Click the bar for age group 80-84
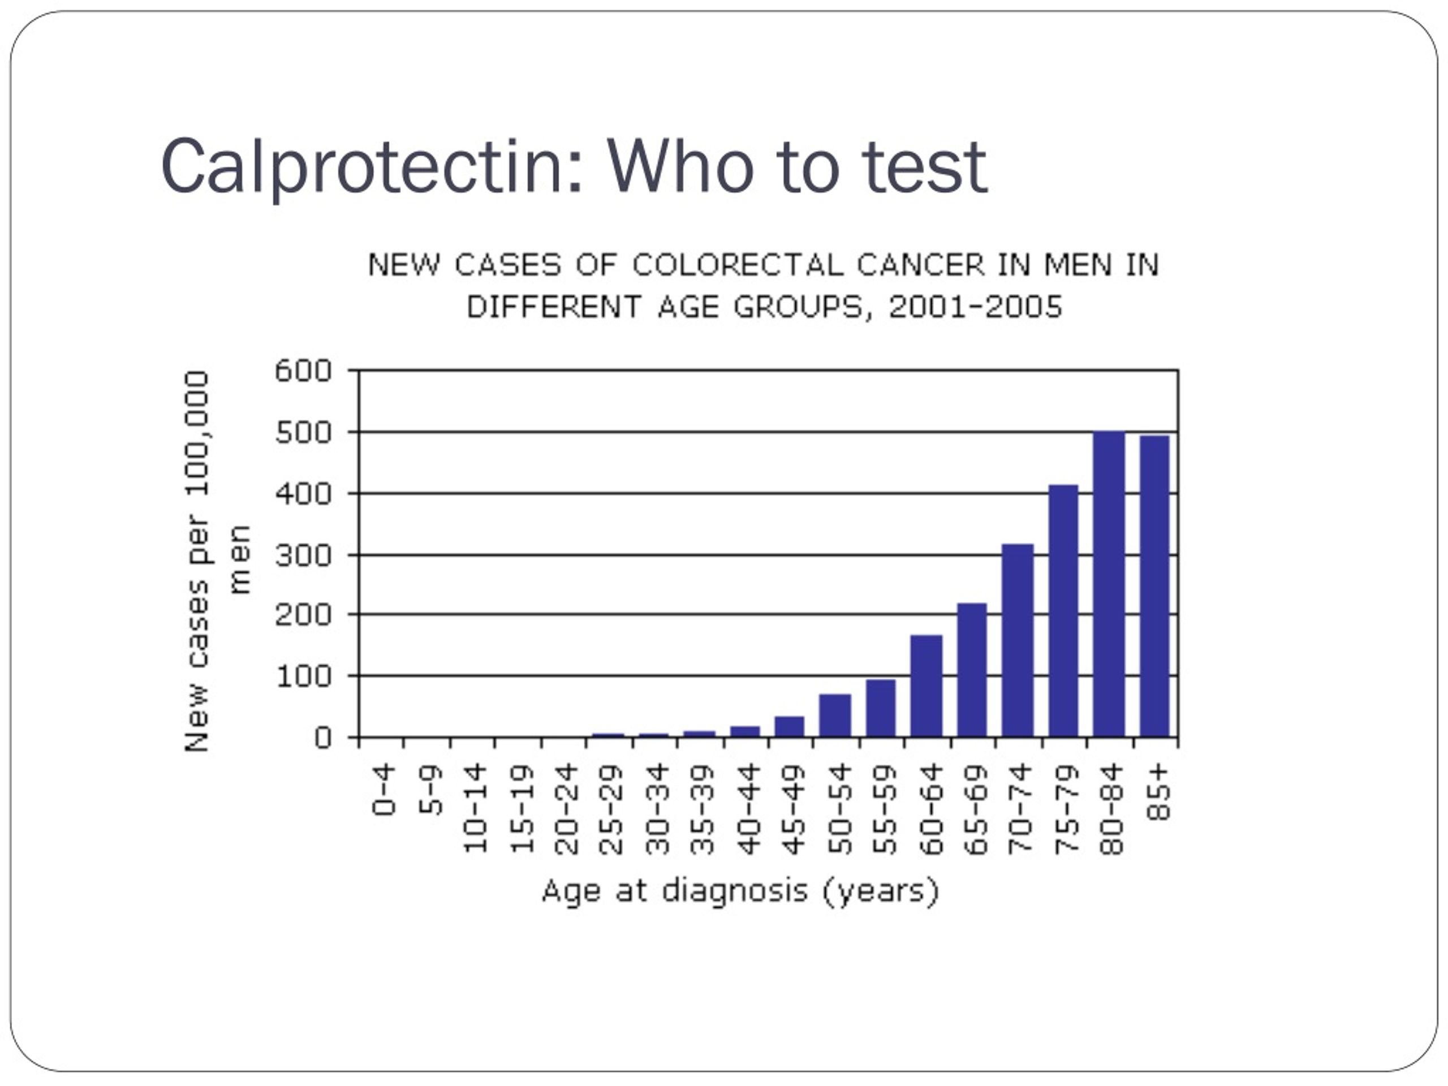click(1109, 584)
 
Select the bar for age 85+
click(1155, 586)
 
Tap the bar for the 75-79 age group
click(1063, 611)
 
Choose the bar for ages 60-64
click(926, 686)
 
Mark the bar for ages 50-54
click(835, 716)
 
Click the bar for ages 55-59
click(881, 708)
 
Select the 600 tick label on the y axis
click(303, 371)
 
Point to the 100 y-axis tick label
click(303, 676)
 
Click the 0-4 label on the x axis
click(384, 790)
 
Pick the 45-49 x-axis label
click(794, 809)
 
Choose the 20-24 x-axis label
click(566, 809)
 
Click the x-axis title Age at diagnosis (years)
click(740, 891)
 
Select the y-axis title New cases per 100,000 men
click(216, 562)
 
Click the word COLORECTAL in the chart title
click(738, 265)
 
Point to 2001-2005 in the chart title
click(975, 307)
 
